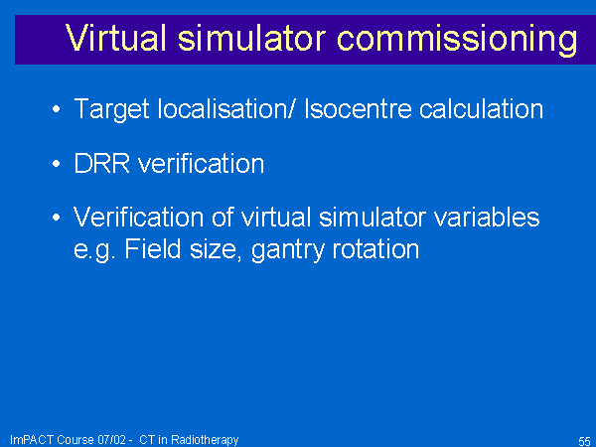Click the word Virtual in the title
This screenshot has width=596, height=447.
tap(116, 38)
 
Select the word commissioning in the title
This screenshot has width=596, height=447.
tap(457, 41)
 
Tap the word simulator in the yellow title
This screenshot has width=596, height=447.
tap(251, 38)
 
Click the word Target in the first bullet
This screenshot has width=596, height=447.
tap(111, 110)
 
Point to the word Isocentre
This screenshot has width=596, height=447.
tap(358, 109)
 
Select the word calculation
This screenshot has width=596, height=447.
tap(481, 109)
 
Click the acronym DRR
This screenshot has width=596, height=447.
tap(101, 164)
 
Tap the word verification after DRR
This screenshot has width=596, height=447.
tap(201, 164)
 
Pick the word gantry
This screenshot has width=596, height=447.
tap(288, 251)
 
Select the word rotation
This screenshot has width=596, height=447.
tap(375, 249)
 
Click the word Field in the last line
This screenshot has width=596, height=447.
tap(152, 249)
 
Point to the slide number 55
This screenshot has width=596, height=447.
tap(584, 441)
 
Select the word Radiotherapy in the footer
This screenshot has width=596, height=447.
tap(205, 440)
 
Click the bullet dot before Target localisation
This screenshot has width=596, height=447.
tap(57, 109)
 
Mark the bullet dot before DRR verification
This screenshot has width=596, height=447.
tap(57, 164)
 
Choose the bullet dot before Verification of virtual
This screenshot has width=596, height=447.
tap(57, 218)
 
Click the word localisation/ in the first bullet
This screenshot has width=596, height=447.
tap(226, 109)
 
